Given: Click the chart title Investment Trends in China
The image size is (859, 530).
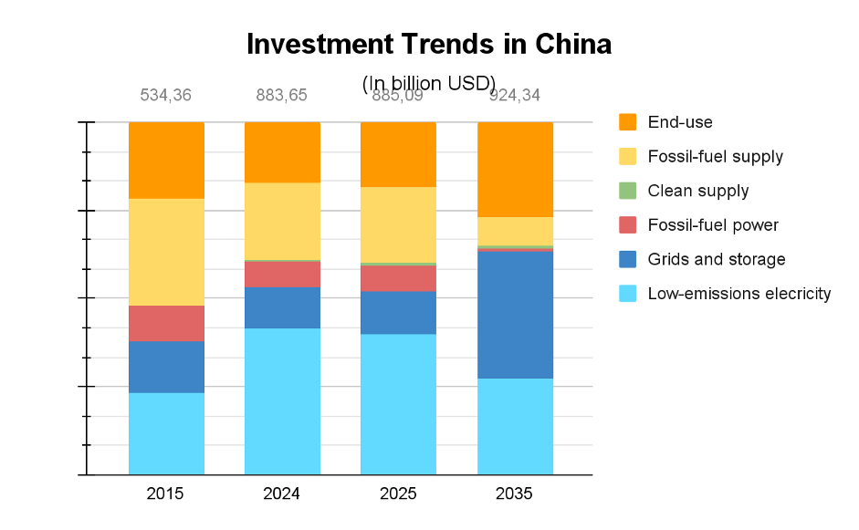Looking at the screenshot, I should (x=429, y=44).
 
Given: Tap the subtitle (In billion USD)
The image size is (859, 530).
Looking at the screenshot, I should (x=429, y=84).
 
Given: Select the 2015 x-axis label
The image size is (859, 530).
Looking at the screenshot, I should (x=165, y=494).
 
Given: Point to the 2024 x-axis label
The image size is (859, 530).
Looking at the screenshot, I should (x=281, y=494).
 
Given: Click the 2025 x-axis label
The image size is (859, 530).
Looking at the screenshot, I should (x=398, y=494).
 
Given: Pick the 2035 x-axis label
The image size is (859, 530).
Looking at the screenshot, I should (x=514, y=494).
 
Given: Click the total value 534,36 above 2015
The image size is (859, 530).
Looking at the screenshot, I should (x=165, y=95).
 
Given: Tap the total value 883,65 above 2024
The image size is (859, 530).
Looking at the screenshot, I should (x=281, y=95).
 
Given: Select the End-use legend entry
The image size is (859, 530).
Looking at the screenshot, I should (x=679, y=122).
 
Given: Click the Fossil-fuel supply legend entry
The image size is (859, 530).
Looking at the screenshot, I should (x=715, y=156).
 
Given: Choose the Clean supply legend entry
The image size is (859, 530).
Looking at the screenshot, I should (x=697, y=191).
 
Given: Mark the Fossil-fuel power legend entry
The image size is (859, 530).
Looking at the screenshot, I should (x=712, y=225).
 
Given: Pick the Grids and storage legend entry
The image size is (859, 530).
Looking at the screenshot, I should (x=716, y=259).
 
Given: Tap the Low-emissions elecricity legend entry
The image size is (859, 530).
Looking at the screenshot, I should (x=739, y=294).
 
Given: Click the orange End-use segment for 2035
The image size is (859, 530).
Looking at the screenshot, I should (x=516, y=169).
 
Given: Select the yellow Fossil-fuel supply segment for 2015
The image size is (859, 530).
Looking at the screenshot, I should (x=166, y=252).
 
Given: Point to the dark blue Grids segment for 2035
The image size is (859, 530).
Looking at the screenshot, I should (x=516, y=315).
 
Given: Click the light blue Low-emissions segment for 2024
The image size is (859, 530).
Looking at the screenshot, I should (x=282, y=401).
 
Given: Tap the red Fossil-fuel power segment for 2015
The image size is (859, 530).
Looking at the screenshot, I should (x=166, y=323).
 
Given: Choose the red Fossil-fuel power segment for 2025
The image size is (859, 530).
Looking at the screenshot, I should (x=398, y=278).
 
